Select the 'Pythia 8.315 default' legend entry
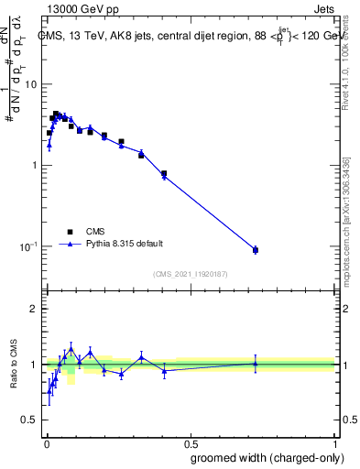click(125, 244)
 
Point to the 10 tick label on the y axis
click(29, 84)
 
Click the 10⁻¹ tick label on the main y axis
click(27, 246)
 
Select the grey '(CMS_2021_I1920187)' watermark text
click(190, 272)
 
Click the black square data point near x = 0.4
click(164, 173)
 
